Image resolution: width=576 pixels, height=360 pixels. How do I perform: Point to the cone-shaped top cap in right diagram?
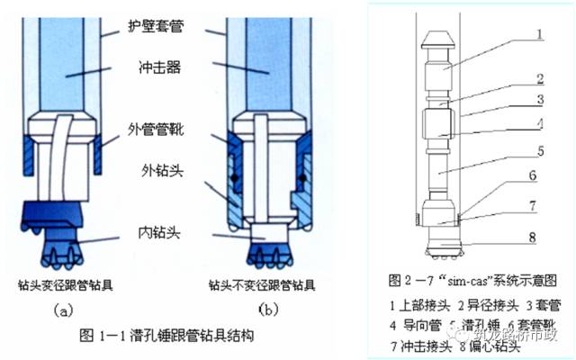coord(437,39)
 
